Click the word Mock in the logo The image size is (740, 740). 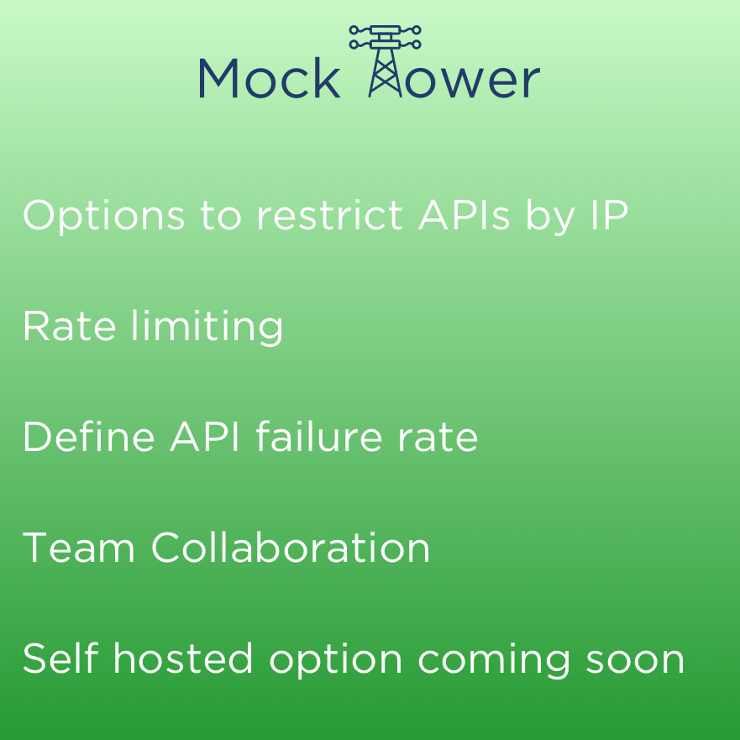pos(269,78)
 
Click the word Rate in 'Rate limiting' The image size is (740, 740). pos(70,327)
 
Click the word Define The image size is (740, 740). pos(89,437)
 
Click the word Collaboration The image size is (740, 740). pos(291,548)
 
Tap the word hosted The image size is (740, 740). pos(182,659)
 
